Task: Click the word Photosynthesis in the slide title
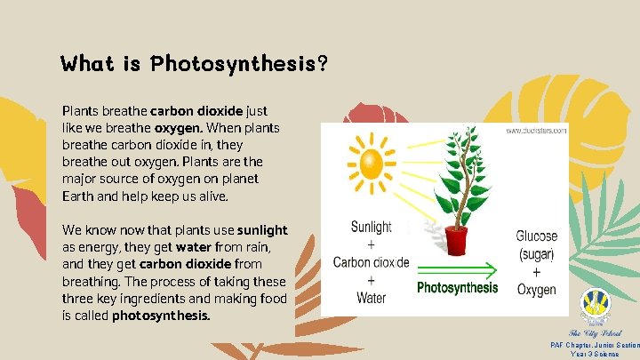coord(234,64)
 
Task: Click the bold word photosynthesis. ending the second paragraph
coord(162,315)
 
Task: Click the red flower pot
coord(457,240)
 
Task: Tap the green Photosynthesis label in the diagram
coord(458,288)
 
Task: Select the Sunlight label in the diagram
coord(371,227)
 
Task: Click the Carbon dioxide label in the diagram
coord(371,262)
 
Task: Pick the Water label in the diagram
coord(371,298)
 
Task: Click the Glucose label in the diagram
coord(537,236)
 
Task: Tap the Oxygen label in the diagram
coord(536,290)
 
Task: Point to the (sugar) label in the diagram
coord(536,254)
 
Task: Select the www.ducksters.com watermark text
coord(536,131)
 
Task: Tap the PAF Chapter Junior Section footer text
coord(594,345)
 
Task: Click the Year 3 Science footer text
coord(596,354)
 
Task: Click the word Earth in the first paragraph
coord(78,196)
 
